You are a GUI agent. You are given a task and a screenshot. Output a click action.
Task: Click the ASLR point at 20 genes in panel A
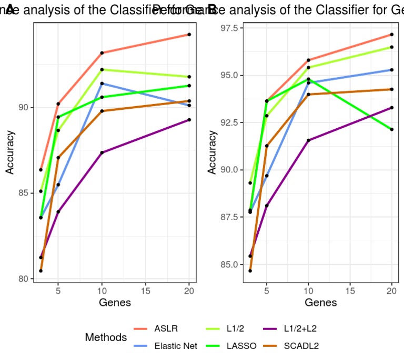click(189, 35)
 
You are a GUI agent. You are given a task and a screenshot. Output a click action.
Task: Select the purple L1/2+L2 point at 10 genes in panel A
click(102, 152)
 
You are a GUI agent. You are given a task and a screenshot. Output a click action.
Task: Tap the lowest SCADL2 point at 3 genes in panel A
click(41, 271)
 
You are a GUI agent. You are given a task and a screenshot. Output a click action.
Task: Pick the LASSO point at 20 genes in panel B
click(391, 129)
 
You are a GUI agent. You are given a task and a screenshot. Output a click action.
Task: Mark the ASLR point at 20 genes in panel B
click(391, 35)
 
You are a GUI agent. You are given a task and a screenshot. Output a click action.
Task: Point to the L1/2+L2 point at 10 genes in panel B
click(308, 140)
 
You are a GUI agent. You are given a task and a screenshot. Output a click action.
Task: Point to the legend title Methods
click(106, 337)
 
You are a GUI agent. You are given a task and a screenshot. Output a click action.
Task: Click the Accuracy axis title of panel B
click(211, 152)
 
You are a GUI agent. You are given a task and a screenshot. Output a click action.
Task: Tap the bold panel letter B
click(213, 9)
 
